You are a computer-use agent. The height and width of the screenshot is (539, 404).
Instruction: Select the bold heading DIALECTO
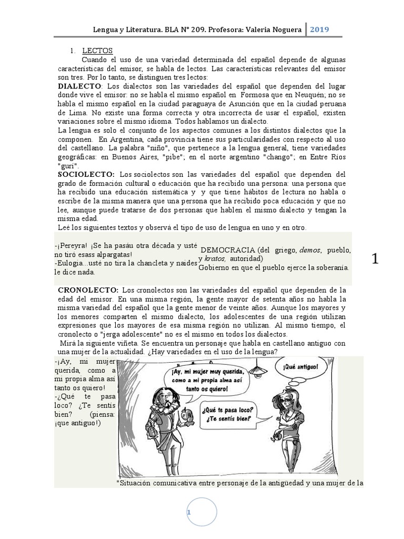pyautogui.click(x=80, y=86)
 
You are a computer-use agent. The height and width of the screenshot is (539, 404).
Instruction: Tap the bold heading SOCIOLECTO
pyautogui.click(x=86, y=174)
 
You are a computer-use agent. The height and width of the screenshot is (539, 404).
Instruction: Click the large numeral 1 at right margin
pyautogui.click(x=375, y=258)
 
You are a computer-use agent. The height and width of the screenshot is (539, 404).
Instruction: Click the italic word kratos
pyautogui.click(x=213, y=258)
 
